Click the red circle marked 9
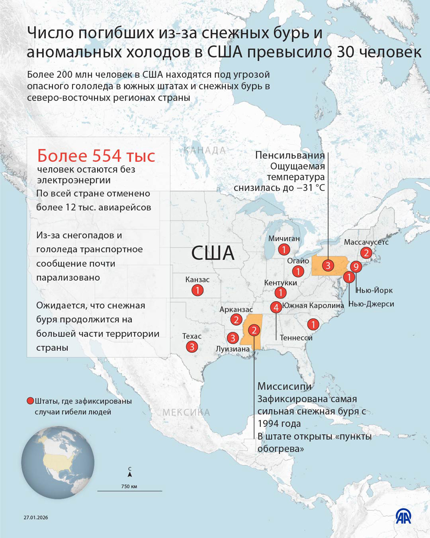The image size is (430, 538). click(x=355, y=266)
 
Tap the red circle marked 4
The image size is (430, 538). click(x=276, y=307)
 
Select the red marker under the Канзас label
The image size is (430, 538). click(x=197, y=290)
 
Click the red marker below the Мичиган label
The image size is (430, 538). click(x=284, y=249)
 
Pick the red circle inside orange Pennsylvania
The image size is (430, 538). click(x=328, y=265)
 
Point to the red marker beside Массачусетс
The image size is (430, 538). click(x=366, y=253)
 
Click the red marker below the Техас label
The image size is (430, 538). click(x=192, y=346)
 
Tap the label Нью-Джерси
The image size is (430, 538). click(x=371, y=304)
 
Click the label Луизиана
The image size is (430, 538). click(x=233, y=349)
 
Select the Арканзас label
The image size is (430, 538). click(x=236, y=309)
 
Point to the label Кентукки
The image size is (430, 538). click(x=281, y=283)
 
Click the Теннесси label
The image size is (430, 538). click(x=296, y=338)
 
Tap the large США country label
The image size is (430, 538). click(x=212, y=253)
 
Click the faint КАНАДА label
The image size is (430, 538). click(x=205, y=150)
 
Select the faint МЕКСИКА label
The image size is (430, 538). click(x=186, y=412)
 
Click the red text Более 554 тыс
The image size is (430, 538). click(x=96, y=156)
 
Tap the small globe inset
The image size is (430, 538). click(x=58, y=462)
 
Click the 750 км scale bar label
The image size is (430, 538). click(x=129, y=486)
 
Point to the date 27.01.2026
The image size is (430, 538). click(x=36, y=517)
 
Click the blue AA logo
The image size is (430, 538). click(x=403, y=516)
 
